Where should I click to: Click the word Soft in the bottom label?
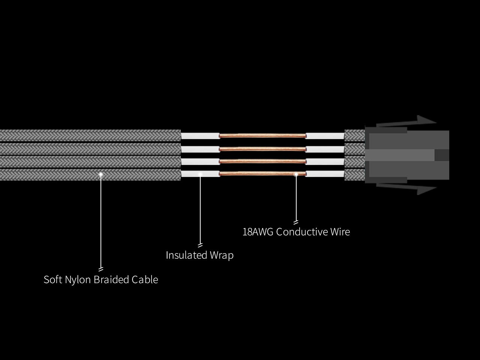pyautogui.click(x=53, y=280)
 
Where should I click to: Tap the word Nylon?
pyautogui.click(x=78, y=280)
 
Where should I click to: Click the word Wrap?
pyautogui.click(x=222, y=255)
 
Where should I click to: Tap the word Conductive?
pyautogui.click(x=302, y=232)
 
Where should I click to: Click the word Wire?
pyautogui.click(x=340, y=232)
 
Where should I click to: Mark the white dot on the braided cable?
pyautogui.click(x=101, y=174)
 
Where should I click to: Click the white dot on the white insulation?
pyautogui.click(x=200, y=174)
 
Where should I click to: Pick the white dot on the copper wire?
pyautogui.click(x=296, y=174)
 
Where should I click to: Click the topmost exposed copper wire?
pyautogui.click(x=262, y=136)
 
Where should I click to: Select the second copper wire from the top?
pyautogui.click(x=262, y=149)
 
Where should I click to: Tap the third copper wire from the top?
pyautogui.click(x=262, y=162)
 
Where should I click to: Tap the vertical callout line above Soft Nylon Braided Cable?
pyautogui.click(x=101, y=221)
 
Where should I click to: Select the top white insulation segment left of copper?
pyautogui.click(x=200, y=136)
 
